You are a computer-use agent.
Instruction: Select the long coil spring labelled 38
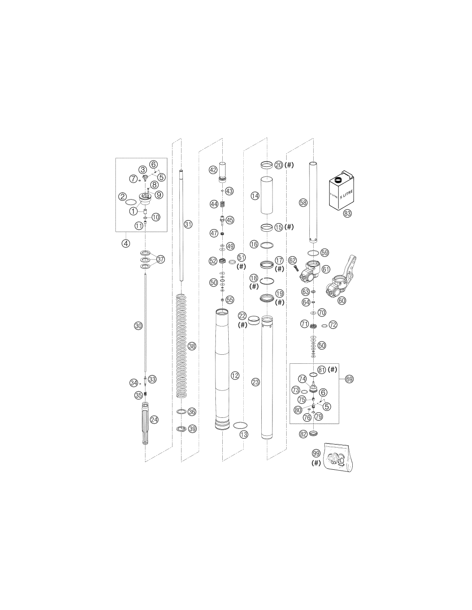(182, 345)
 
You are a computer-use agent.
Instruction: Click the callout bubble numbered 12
(235, 375)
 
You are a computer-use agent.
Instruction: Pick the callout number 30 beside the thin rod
(139, 326)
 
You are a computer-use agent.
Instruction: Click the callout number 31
(188, 224)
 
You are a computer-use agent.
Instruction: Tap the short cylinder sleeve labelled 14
(266, 195)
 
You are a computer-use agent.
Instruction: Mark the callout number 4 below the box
(126, 243)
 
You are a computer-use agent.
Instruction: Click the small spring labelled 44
(222, 204)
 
